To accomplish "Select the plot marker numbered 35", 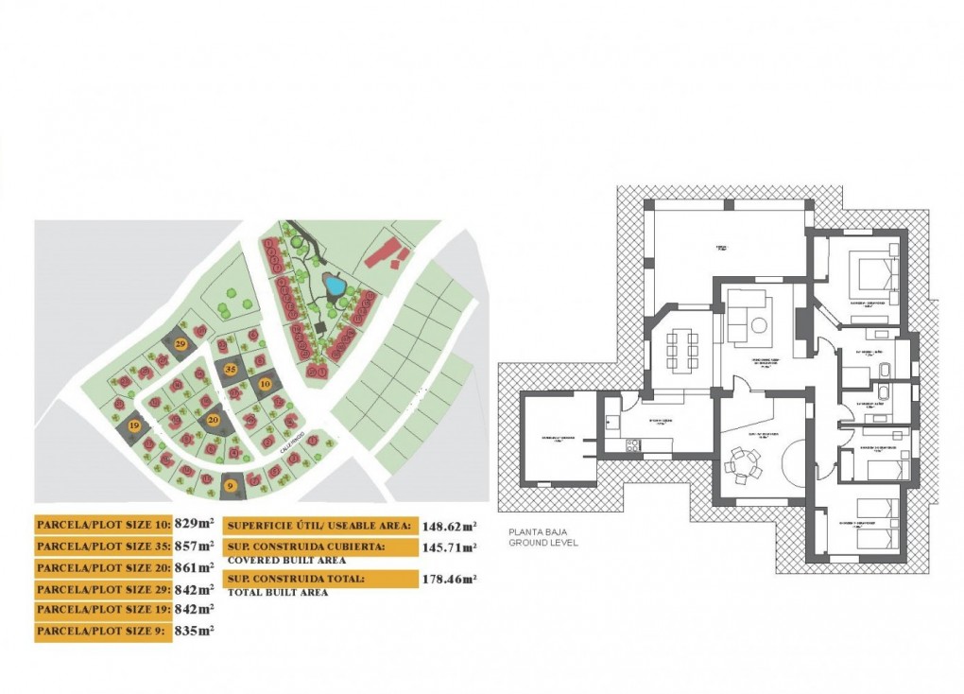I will (230, 370).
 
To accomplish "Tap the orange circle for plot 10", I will (266, 384).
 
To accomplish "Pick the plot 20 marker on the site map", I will (214, 419).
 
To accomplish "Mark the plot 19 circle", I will (135, 426).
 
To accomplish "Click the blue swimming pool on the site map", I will (333, 284).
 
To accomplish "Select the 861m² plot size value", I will (194, 567).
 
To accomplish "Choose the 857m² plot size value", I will (194, 546).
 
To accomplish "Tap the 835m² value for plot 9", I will (194, 631).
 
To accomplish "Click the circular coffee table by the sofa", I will (759, 327).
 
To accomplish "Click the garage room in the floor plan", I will (559, 439).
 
